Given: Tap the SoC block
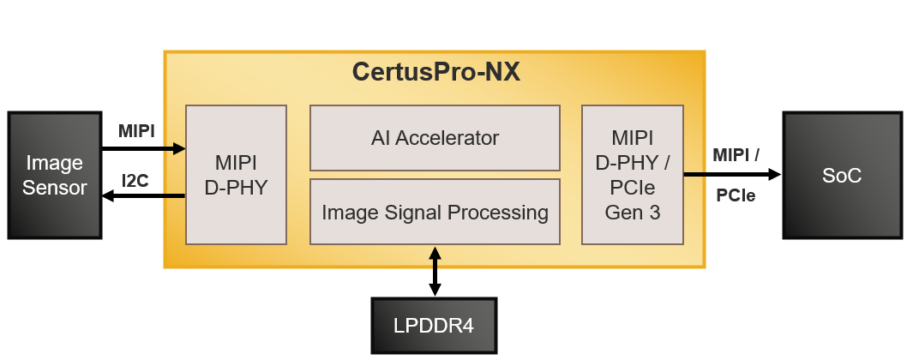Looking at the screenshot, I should [x=841, y=176].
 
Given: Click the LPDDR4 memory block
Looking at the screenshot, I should [x=434, y=327].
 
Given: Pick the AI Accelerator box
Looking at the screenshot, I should [x=435, y=137].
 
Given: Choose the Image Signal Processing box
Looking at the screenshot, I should [x=435, y=212].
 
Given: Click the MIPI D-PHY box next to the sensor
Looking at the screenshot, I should [x=236, y=175].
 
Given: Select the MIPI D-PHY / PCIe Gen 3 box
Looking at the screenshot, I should [x=632, y=175].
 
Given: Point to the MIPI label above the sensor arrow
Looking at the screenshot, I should [x=136, y=131].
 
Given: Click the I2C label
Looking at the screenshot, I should [x=136, y=181].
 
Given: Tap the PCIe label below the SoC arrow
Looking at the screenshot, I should [x=736, y=195].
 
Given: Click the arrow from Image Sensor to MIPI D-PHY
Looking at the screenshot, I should [x=142, y=149].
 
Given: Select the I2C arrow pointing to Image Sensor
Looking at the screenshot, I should [x=142, y=196].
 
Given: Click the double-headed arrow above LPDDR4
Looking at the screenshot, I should [x=435, y=271].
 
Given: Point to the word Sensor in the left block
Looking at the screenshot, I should [x=55, y=187].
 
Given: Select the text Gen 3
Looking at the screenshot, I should [x=632, y=213].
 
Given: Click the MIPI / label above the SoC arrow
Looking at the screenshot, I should [x=736, y=155].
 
